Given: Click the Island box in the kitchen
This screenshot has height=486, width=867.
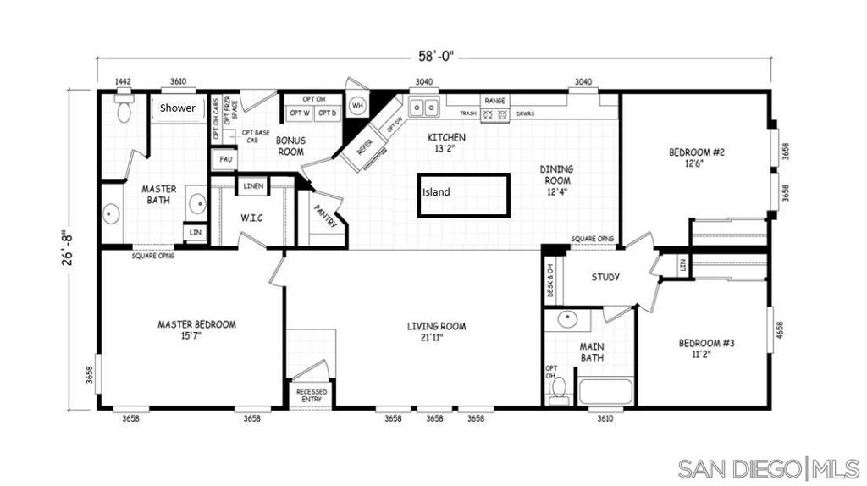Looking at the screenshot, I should (463, 196).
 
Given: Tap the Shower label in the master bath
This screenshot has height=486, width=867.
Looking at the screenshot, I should (178, 108).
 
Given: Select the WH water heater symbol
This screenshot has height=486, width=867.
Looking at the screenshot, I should (357, 106).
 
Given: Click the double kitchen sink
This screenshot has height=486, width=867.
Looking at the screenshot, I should (423, 108).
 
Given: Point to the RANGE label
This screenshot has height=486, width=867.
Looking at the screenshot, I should (495, 100).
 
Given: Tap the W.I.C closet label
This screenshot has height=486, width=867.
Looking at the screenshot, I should (251, 218).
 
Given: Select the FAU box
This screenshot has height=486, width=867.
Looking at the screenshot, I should (225, 158).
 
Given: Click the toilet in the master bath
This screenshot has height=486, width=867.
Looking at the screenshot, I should (124, 108).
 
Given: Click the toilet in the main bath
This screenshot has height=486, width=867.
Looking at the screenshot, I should (558, 389).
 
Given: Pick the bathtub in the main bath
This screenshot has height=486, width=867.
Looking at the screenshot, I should (605, 392).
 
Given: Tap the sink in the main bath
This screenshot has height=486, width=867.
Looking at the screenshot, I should (566, 320).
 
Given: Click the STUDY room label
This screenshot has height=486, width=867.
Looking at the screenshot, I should (605, 277).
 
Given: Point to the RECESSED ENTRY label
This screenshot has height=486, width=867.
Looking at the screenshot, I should (311, 395).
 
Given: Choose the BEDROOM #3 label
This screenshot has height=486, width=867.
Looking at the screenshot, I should (706, 349).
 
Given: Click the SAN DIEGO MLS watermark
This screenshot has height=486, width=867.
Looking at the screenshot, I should (768, 467).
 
